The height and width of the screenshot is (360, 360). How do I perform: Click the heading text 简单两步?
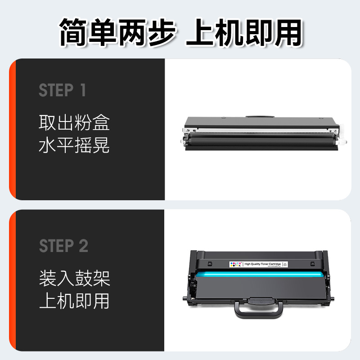pyautogui.click(x=118, y=31)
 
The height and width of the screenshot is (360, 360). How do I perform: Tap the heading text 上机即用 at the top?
pyautogui.click(x=243, y=31)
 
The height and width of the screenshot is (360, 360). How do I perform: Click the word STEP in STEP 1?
pyautogui.click(x=56, y=90)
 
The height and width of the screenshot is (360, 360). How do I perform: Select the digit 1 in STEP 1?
pyautogui.click(x=82, y=90)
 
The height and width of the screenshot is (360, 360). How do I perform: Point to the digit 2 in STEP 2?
pyautogui.click(x=83, y=246)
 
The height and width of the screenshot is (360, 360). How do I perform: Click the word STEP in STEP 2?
pyautogui.click(x=56, y=246)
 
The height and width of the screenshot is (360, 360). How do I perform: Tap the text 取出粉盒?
pyautogui.click(x=74, y=122)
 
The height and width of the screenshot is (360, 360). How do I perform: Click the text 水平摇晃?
pyautogui.click(x=74, y=146)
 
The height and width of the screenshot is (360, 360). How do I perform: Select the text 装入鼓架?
pyautogui.click(x=74, y=279)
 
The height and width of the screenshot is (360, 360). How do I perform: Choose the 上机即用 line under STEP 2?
pyautogui.click(x=74, y=301)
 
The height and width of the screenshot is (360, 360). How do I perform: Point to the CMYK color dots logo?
pyautogui.click(x=234, y=264)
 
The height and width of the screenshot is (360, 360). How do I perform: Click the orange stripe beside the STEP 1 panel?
pyautogui.click(x=13, y=130)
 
